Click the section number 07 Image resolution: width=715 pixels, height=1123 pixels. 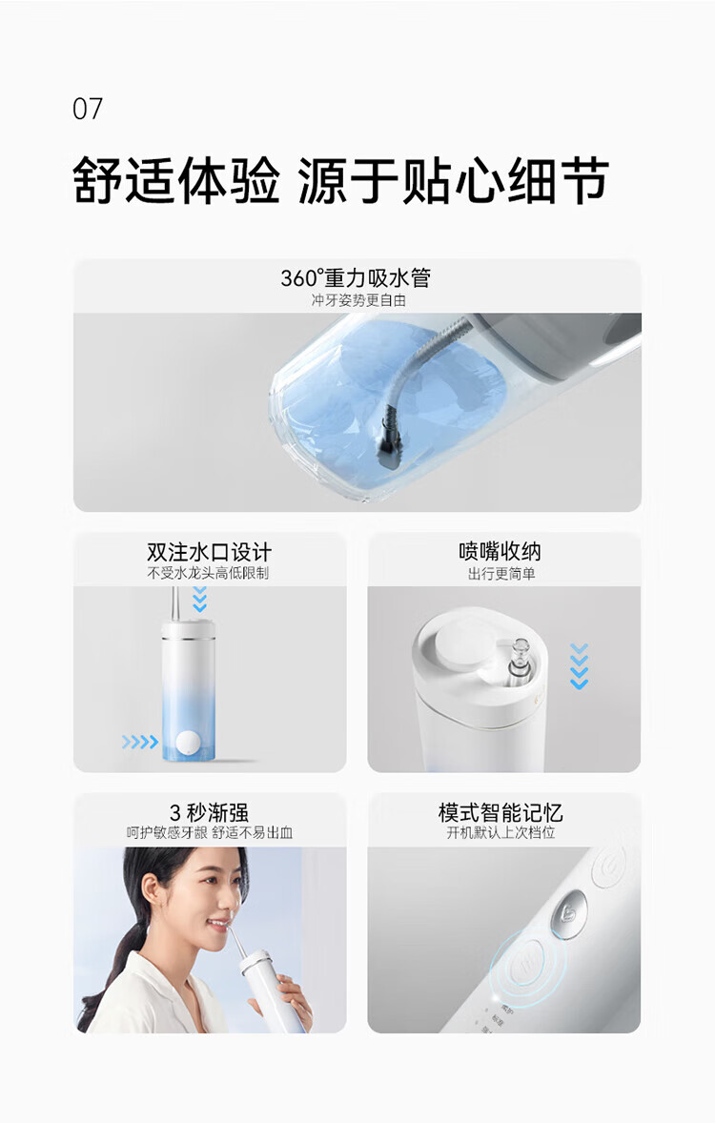88,109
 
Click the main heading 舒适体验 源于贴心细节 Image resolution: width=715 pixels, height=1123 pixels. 341,180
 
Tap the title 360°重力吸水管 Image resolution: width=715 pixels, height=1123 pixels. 356,277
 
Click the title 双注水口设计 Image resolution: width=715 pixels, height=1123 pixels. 209,551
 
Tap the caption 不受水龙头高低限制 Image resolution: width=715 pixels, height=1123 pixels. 208,573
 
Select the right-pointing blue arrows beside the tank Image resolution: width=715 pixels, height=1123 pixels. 140,742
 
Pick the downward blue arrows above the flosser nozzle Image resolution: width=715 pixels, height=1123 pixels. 200,600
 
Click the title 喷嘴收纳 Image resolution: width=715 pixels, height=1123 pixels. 500,551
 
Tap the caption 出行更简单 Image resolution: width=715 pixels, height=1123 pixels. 501,574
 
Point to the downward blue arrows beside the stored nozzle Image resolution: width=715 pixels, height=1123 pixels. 579,666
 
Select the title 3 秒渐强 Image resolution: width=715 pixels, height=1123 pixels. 209,813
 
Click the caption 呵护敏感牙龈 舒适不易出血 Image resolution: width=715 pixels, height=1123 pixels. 209,832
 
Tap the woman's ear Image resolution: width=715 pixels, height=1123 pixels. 152,892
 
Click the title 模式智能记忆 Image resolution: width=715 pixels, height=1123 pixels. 500,812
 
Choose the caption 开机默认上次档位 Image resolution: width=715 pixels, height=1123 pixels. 500,832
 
